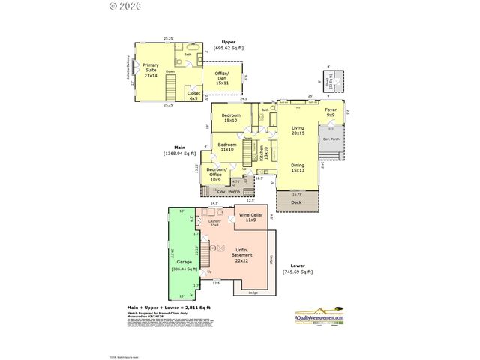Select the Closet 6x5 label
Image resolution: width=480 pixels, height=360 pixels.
[x=193, y=95]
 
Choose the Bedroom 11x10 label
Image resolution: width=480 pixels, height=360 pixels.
[x=227, y=147]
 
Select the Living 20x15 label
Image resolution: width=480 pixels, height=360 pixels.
[x=298, y=130]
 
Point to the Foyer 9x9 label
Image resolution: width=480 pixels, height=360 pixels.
[x=331, y=112]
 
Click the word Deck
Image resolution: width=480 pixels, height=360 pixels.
[x=295, y=202]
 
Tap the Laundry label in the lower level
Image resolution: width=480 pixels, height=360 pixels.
[x=214, y=223]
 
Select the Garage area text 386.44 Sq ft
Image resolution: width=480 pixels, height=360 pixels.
[x=184, y=268]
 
